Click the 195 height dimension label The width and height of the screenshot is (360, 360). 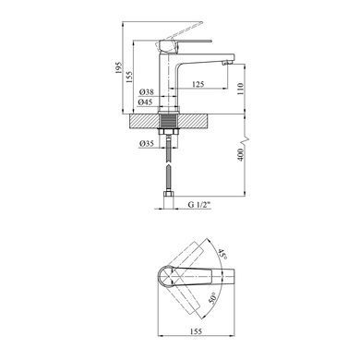click(118, 67)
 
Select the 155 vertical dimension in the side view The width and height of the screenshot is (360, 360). click(129, 77)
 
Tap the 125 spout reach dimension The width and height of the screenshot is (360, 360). click(198, 84)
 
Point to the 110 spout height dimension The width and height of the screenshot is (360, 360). click(240, 89)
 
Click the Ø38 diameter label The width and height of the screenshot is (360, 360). click(146, 92)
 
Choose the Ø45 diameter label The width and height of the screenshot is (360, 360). click(145, 102)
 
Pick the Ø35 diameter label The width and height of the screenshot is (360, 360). click(147, 143)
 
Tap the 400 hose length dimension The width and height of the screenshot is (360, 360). click(240, 155)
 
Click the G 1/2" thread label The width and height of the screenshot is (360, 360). click(198, 204)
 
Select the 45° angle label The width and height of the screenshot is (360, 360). click(222, 255)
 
